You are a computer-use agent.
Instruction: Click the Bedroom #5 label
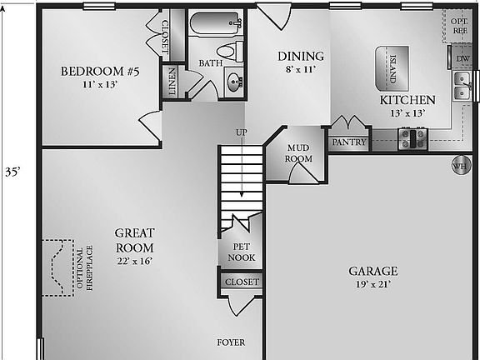[99, 71]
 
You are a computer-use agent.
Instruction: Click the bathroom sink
[234, 81]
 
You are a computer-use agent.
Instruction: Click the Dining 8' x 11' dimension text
[300, 70]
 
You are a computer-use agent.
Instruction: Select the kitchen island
[394, 66]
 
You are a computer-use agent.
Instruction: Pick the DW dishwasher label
[462, 58]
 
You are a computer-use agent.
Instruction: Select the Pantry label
[349, 142]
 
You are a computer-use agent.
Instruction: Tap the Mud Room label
[298, 152]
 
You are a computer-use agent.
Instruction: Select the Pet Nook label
[242, 252]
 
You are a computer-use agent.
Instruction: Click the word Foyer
[231, 342]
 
